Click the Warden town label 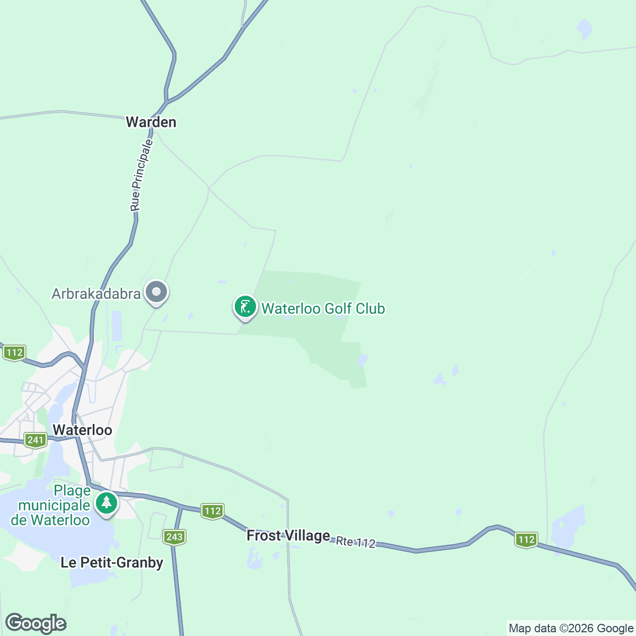tap(151, 122)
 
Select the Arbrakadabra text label tap(96, 294)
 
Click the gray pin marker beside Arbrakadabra tap(156, 292)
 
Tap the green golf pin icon tap(245, 307)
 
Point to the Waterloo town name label tap(82, 430)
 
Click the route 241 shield tap(36, 440)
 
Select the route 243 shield tap(174, 537)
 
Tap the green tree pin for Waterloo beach tap(107, 502)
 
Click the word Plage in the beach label tap(72, 491)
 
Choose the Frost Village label tap(288, 536)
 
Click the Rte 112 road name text tap(356, 542)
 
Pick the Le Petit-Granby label tap(112, 562)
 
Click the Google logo tap(36, 623)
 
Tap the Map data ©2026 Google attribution tap(571, 629)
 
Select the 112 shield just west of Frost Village tap(213, 511)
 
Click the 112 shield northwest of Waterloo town tap(14, 352)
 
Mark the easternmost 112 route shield tap(526, 540)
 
